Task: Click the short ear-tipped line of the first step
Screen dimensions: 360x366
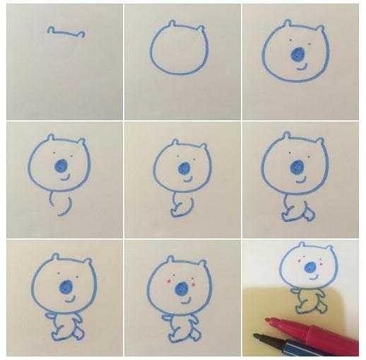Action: [66, 32]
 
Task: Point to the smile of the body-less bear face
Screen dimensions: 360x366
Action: [302, 69]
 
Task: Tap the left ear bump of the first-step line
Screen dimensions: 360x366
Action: [50, 29]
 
